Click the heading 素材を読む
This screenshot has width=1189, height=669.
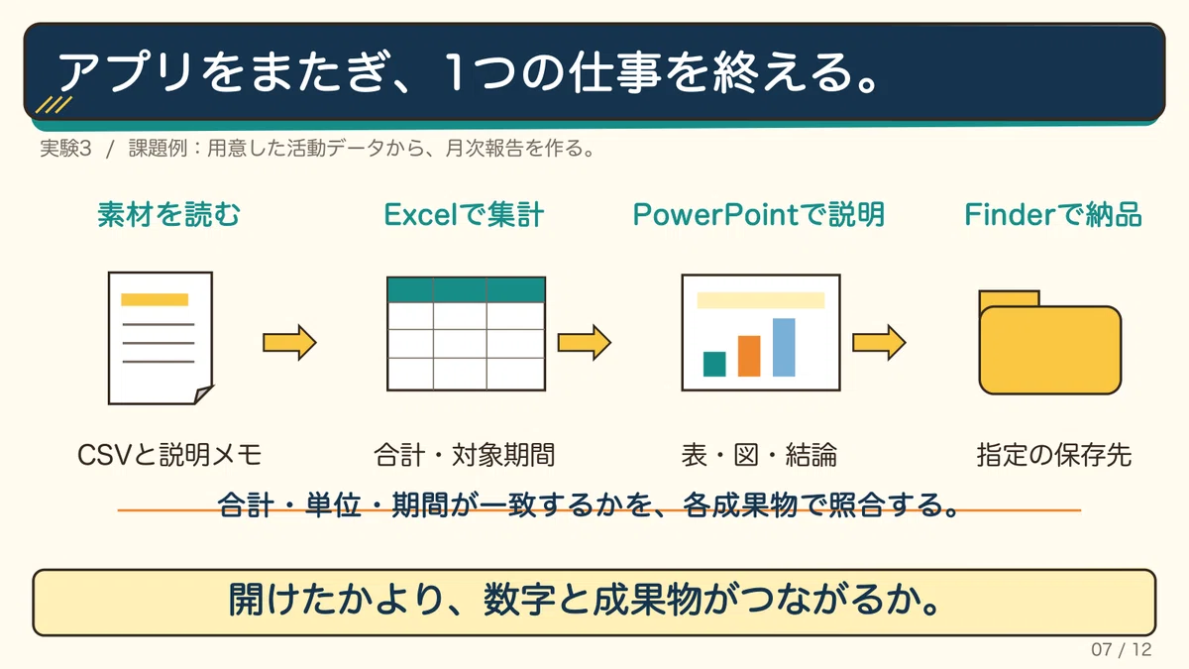click(168, 214)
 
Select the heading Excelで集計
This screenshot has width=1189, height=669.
click(464, 214)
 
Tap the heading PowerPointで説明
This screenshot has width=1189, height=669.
click(759, 214)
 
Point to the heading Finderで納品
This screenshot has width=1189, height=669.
click(1053, 214)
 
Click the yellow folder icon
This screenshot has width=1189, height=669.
click(1050, 343)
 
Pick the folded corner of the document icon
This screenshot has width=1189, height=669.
click(203, 394)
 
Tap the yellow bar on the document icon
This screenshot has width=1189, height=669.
click(155, 299)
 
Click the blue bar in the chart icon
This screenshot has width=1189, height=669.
click(784, 347)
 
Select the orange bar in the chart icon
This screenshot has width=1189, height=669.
click(749, 356)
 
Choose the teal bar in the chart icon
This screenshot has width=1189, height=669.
click(714, 365)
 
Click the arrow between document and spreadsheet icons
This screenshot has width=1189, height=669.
click(289, 343)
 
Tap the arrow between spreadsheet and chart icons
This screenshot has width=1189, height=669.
click(585, 343)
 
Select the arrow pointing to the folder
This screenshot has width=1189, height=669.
click(879, 343)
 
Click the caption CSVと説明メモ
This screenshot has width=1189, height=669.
click(169, 455)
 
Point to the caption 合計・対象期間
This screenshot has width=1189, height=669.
click(465, 455)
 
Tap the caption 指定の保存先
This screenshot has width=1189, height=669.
click(1054, 455)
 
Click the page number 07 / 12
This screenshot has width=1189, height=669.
click(1121, 649)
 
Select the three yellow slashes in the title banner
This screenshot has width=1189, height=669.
click(54, 105)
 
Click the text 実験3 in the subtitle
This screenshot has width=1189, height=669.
click(65, 148)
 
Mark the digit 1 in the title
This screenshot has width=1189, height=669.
click(456, 71)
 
